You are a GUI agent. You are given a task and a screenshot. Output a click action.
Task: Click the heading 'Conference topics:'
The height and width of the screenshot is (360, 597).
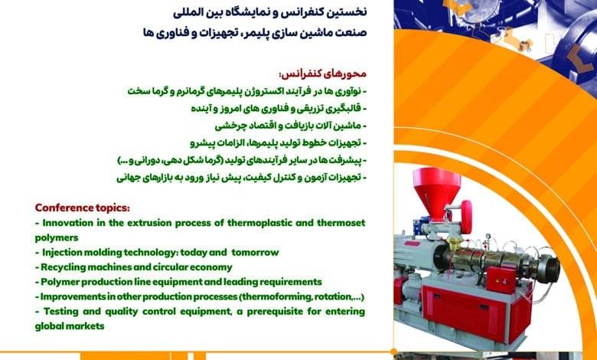(x=82, y=208)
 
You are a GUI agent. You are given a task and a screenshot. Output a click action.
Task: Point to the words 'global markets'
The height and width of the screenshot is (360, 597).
(x=70, y=326)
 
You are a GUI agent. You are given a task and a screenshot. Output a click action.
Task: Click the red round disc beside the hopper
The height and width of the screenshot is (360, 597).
(x=466, y=217)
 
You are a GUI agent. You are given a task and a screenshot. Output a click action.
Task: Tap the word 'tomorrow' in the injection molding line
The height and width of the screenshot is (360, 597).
(x=255, y=253)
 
